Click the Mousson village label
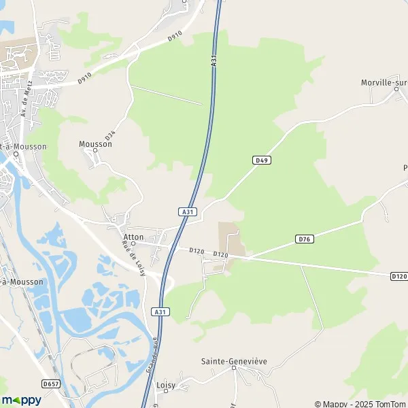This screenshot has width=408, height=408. (95, 144)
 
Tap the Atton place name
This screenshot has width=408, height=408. (133, 237)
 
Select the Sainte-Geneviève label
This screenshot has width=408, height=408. (233, 362)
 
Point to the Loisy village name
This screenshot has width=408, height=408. (165, 385)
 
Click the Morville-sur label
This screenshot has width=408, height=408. (384, 82)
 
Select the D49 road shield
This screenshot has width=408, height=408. (262, 160)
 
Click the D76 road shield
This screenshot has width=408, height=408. (305, 239)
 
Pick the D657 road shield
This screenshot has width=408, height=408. (50, 384)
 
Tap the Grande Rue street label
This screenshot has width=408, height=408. (152, 354)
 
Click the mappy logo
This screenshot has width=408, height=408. (22, 400)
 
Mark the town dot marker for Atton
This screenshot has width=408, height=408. (133, 243)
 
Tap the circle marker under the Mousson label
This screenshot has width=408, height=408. (96, 151)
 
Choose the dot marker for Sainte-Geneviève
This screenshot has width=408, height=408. (233, 369)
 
